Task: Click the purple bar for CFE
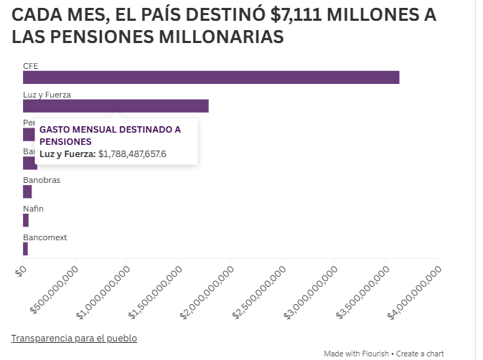(211, 77)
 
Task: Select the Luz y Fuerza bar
(116, 106)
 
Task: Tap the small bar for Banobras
(27, 191)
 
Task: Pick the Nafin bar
(26, 220)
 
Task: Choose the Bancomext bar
(25, 249)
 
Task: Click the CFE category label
(31, 65)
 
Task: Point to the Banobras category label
(42, 180)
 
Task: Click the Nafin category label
(33, 209)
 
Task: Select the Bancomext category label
(45, 237)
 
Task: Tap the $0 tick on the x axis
(21, 270)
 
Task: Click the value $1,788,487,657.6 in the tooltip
(132, 153)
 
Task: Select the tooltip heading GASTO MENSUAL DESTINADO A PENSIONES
(110, 136)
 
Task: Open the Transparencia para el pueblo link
(74, 338)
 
